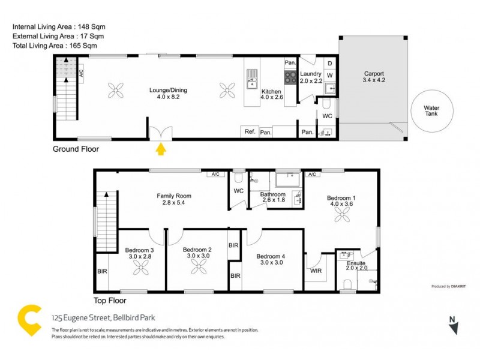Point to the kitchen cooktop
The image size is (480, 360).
(x=290, y=77)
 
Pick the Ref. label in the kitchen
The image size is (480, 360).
(x=248, y=131)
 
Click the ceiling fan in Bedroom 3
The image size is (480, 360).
(x=140, y=271)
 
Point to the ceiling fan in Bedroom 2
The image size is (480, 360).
(x=197, y=271)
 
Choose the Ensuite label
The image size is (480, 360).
(x=356, y=264)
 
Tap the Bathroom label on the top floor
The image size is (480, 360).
(x=272, y=194)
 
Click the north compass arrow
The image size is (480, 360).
(x=454, y=327)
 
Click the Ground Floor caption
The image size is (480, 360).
(x=76, y=149)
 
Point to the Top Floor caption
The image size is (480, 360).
(x=110, y=301)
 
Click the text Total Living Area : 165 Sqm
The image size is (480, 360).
(x=55, y=45)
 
